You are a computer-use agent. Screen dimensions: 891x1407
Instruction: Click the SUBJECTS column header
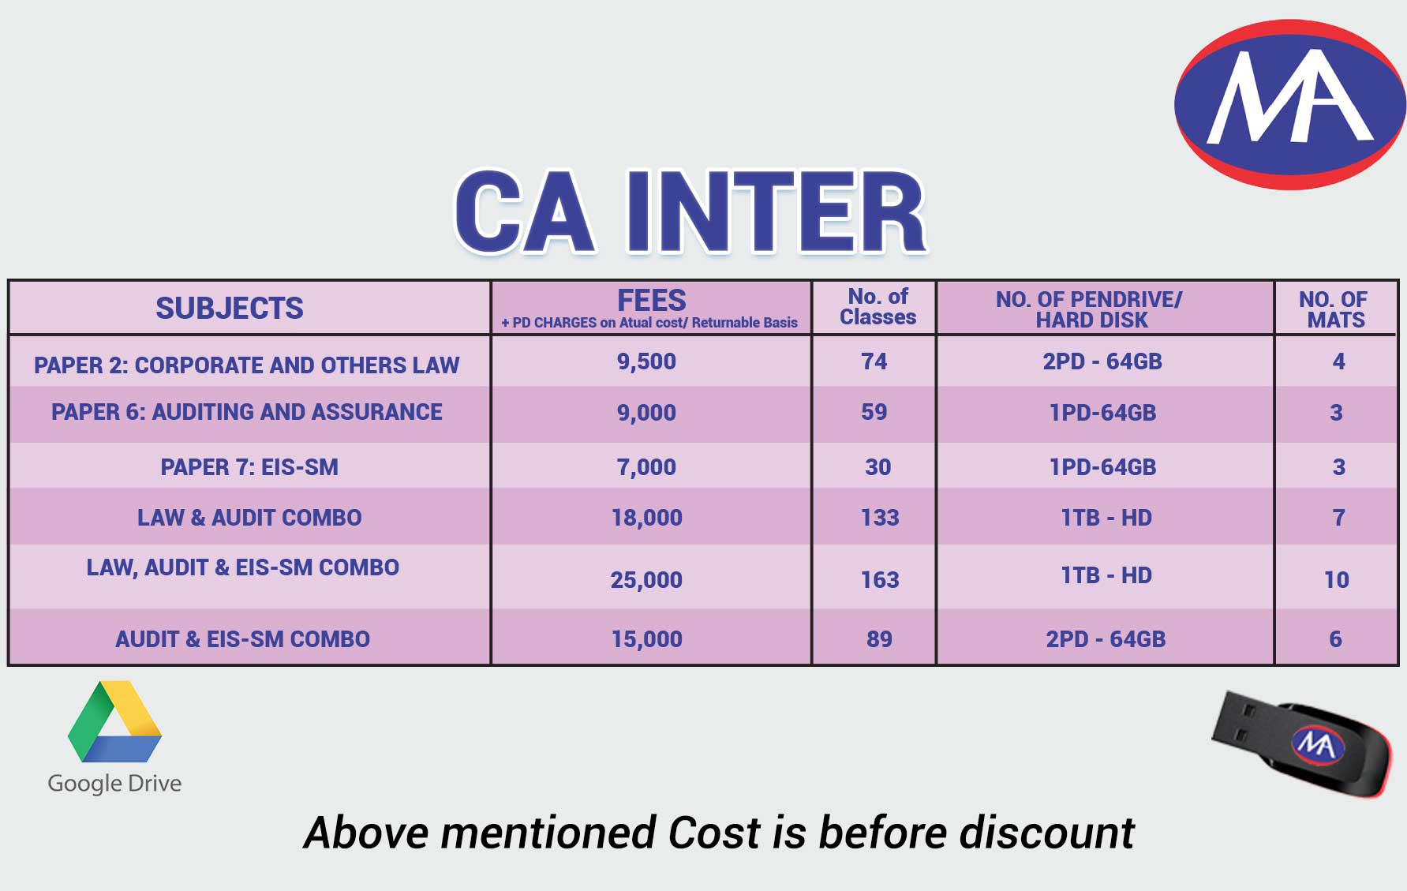coord(229,308)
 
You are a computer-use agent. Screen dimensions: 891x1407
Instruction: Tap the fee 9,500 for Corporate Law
coord(646,361)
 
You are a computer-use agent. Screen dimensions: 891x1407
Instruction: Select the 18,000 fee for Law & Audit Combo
coord(646,518)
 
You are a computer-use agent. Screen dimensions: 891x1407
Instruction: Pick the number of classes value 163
coord(879,580)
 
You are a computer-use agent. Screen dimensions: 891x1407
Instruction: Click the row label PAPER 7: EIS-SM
coord(249,467)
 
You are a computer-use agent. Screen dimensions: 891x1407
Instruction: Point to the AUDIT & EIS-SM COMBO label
coord(242,639)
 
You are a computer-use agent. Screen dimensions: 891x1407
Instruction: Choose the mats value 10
coord(1336,580)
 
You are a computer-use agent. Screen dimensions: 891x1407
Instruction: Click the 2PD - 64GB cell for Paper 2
coord(1102,361)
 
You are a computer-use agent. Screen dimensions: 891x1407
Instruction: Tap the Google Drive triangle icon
coord(115,721)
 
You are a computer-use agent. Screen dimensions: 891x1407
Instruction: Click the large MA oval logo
coord(1289,104)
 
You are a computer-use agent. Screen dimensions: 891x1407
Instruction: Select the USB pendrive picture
coord(1303,743)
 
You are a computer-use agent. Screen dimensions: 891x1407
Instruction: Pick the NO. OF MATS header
coord(1334,309)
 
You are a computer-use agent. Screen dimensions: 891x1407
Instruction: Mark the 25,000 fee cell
coord(646,580)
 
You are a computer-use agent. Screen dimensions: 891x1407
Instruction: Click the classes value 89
coord(879,639)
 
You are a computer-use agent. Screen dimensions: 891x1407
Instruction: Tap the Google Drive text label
coord(115,784)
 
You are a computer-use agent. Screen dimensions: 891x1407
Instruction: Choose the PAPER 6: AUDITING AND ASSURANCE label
coord(247,412)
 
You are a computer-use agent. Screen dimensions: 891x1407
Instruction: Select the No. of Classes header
coord(878,307)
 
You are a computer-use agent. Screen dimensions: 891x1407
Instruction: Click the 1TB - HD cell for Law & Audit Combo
coord(1106,518)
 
